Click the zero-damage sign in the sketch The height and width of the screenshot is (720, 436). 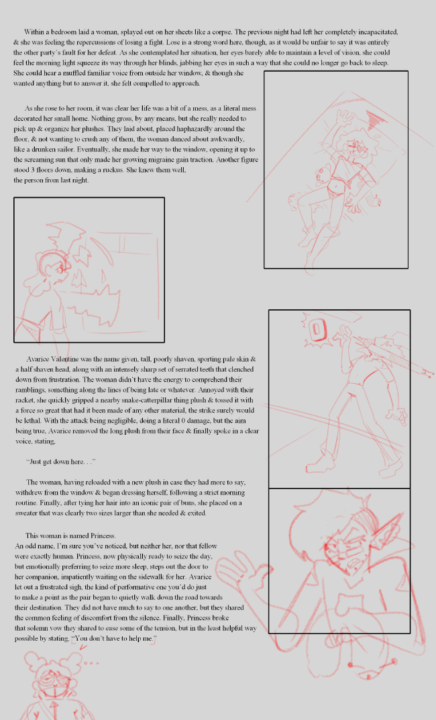(x=317, y=329)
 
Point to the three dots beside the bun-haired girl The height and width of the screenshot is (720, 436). (x=91, y=662)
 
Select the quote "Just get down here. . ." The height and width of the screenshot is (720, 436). (x=61, y=462)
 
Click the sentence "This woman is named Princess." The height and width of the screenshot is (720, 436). (x=70, y=535)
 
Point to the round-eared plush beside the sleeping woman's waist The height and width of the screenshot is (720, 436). (x=323, y=175)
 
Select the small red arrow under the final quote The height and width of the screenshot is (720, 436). (x=83, y=648)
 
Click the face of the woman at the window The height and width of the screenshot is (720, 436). (x=61, y=266)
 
